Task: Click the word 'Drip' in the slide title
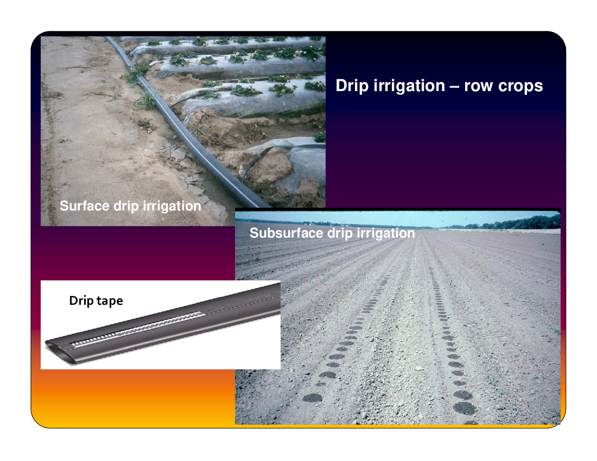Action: (352, 86)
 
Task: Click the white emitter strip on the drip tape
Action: (137, 329)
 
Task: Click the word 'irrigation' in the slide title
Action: (409, 86)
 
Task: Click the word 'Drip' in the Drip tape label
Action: (81, 301)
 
